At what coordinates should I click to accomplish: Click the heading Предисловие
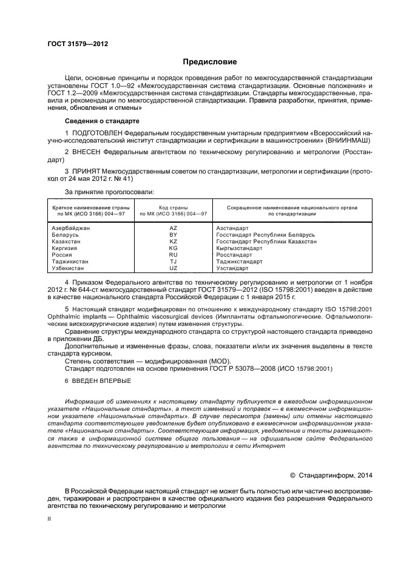210,62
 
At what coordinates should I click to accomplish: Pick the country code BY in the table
173,234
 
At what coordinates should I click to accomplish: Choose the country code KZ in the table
173,241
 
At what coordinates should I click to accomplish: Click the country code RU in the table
173,255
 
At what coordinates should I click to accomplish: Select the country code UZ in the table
173,268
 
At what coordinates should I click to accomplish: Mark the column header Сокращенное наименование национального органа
292,208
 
